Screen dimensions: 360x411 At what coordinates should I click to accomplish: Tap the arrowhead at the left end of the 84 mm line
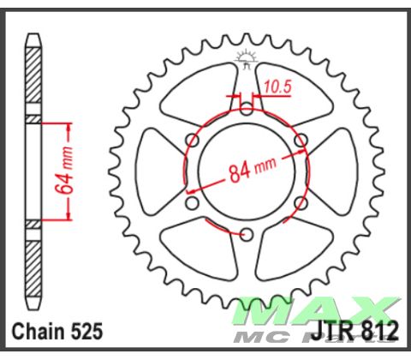point(190,188)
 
